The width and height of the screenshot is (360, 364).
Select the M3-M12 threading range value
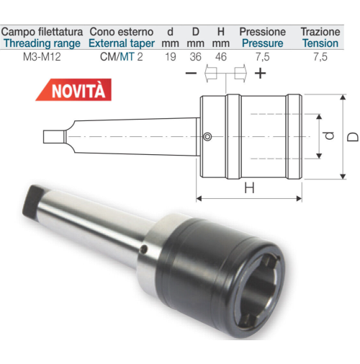pyautogui.click(x=42, y=57)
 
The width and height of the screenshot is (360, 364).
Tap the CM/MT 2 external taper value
pyautogui.click(x=122, y=57)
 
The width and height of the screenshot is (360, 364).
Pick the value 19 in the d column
pyautogui.click(x=171, y=57)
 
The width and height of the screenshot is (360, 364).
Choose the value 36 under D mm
pyautogui.click(x=196, y=57)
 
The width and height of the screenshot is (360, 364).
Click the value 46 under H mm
pyautogui.click(x=221, y=57)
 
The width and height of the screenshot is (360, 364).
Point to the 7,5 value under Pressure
pyautogui.click(x=263, y=57)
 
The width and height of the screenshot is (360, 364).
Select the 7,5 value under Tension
pyautogui.click(x=320, y=57)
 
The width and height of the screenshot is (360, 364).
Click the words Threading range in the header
pyautogui.click(x=42, y=43)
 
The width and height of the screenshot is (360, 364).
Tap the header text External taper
pyautogui.click(x=122, y=43)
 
